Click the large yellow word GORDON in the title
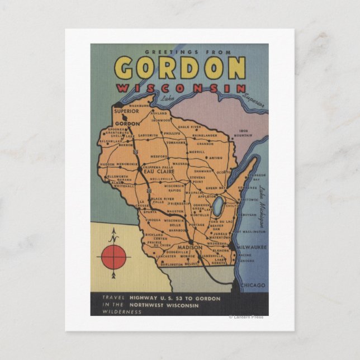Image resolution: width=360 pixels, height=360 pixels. click(180, 68)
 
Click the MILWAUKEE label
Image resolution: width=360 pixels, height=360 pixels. click(251, 247)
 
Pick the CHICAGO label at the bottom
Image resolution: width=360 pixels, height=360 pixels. click(253, 286)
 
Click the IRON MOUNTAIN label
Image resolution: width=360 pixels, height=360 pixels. click(243, 133)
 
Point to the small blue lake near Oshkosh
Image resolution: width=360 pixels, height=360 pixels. click(217, 205)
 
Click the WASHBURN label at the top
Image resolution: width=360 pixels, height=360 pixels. click(139, 105)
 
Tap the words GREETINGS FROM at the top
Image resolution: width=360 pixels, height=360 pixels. click(180, 52)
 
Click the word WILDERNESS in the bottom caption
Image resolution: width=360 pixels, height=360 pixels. click(115, 311)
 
